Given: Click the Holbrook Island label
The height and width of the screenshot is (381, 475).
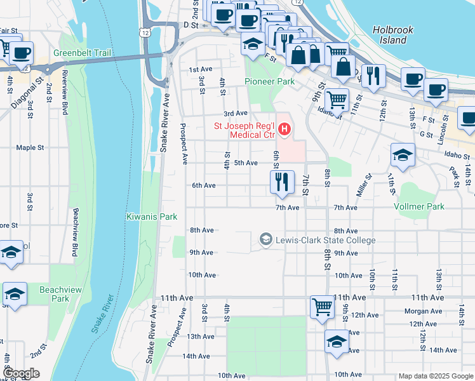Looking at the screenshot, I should (x=389, y=35).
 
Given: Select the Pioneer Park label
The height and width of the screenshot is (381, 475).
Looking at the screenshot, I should (x=270, y=82).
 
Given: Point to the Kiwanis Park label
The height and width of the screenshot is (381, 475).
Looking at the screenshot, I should (x=151, y=217).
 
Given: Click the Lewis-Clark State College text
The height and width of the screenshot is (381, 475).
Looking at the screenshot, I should (x=326, y=240).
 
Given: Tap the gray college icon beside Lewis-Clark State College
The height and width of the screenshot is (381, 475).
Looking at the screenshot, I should (x=266, y=239).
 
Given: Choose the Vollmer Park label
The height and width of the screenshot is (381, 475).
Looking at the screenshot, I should (x=418, y=206).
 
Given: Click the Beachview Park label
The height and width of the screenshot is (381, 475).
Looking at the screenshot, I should (x=54, y=293).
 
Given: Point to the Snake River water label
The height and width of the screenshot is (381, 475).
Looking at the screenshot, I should (x=102, y=314).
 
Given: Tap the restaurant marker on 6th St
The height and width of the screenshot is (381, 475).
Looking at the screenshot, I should (x=281, y=182).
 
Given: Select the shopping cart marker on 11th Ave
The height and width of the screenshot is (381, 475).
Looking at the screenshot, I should (x=322, y=307).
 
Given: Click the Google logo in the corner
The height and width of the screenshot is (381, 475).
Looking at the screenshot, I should (x=21, y=373).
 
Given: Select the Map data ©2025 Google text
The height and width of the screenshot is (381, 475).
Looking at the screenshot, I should (x=435, y=376).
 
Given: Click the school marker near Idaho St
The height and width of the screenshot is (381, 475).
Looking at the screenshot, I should (x=403, y=154).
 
